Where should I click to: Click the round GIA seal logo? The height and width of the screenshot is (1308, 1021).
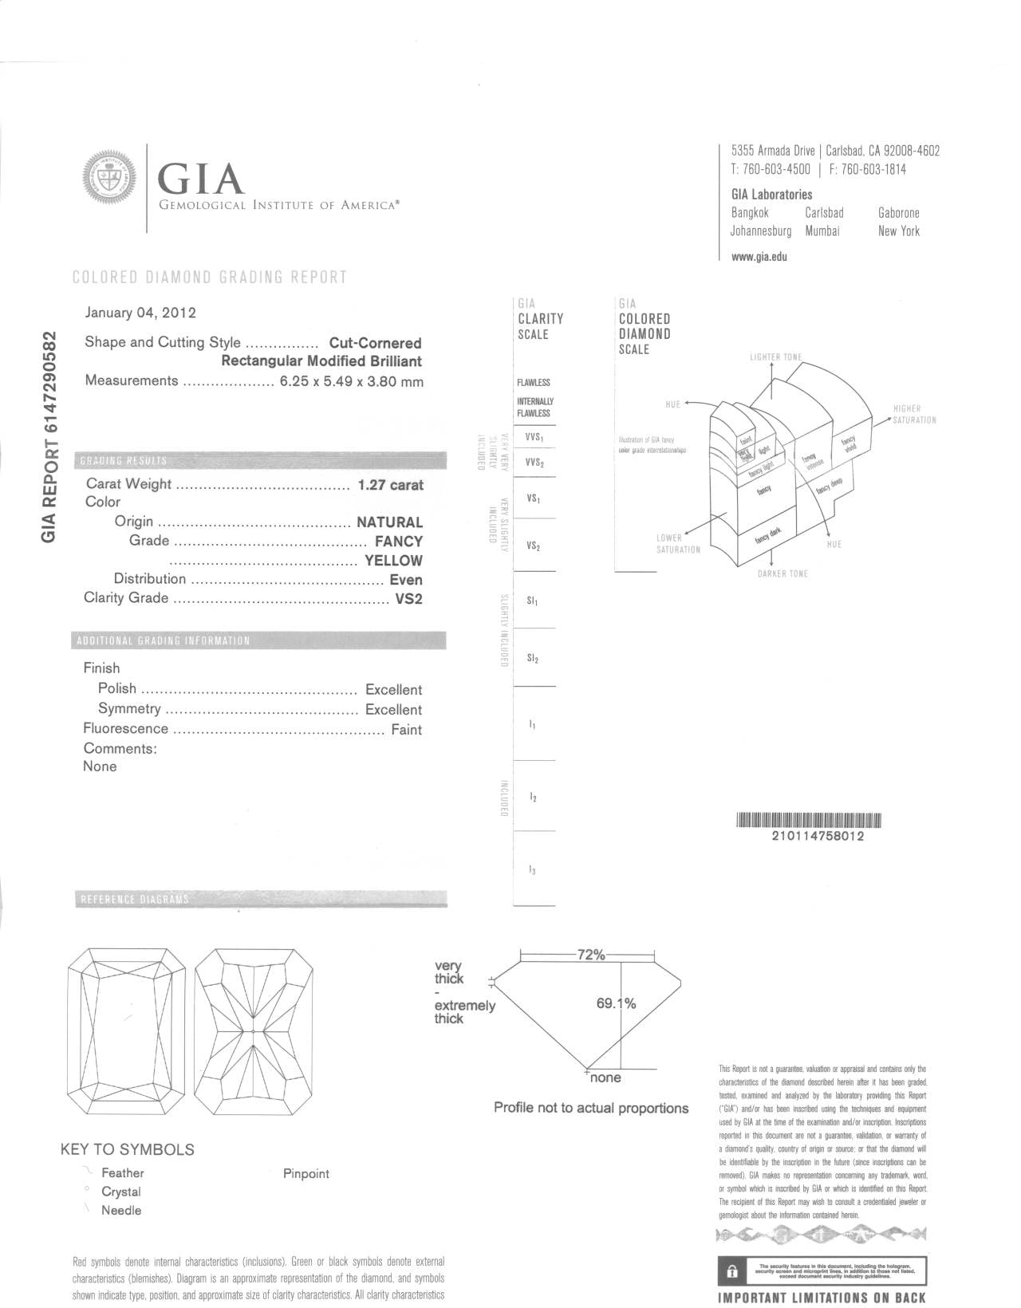pyautogui.click(x=110, y=177)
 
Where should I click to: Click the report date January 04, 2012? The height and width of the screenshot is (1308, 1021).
pyautogui.click(x=140, y=313)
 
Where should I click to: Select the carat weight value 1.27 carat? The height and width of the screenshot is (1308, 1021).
pyautogui.click(x=391, y=485)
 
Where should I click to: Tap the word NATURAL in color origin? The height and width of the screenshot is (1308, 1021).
pyautogui.click(x=389, y=522)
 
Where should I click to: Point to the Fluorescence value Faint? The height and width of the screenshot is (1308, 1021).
pyautogui.click(x=406, y=730)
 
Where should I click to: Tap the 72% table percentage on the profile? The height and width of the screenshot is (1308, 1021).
pyautogui.click(x=591, y=955)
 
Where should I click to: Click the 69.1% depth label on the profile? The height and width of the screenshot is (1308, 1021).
pyautogui.click(x=616, y=1003)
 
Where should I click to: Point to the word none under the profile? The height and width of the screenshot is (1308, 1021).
pyautogui.click(x=605, y=1078)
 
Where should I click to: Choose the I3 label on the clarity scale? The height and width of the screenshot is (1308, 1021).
pyautogui.click(x=532, y=870)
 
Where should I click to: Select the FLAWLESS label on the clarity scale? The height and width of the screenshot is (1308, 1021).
pyautogui.click(x=534, y=383)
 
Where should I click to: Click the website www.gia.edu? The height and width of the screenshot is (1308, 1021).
pyautogui.click(x=759, y=257)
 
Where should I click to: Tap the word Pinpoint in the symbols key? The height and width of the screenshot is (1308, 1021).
pyautogui.click(x=306, y=1174)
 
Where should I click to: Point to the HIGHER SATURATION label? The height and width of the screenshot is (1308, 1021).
pyautogui.click(x=914, y=414)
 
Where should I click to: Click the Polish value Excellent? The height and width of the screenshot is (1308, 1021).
pyautogui.click(x=393, y=690)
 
